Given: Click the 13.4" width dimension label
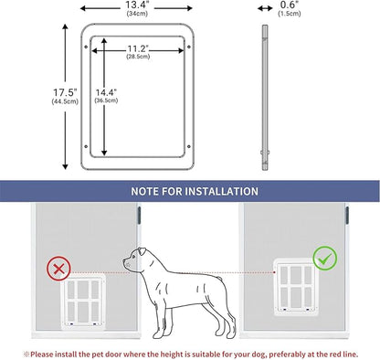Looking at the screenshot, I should click(139, 5).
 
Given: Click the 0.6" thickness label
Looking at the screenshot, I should click(265, 5).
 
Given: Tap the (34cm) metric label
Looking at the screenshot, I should click(139, 16).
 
